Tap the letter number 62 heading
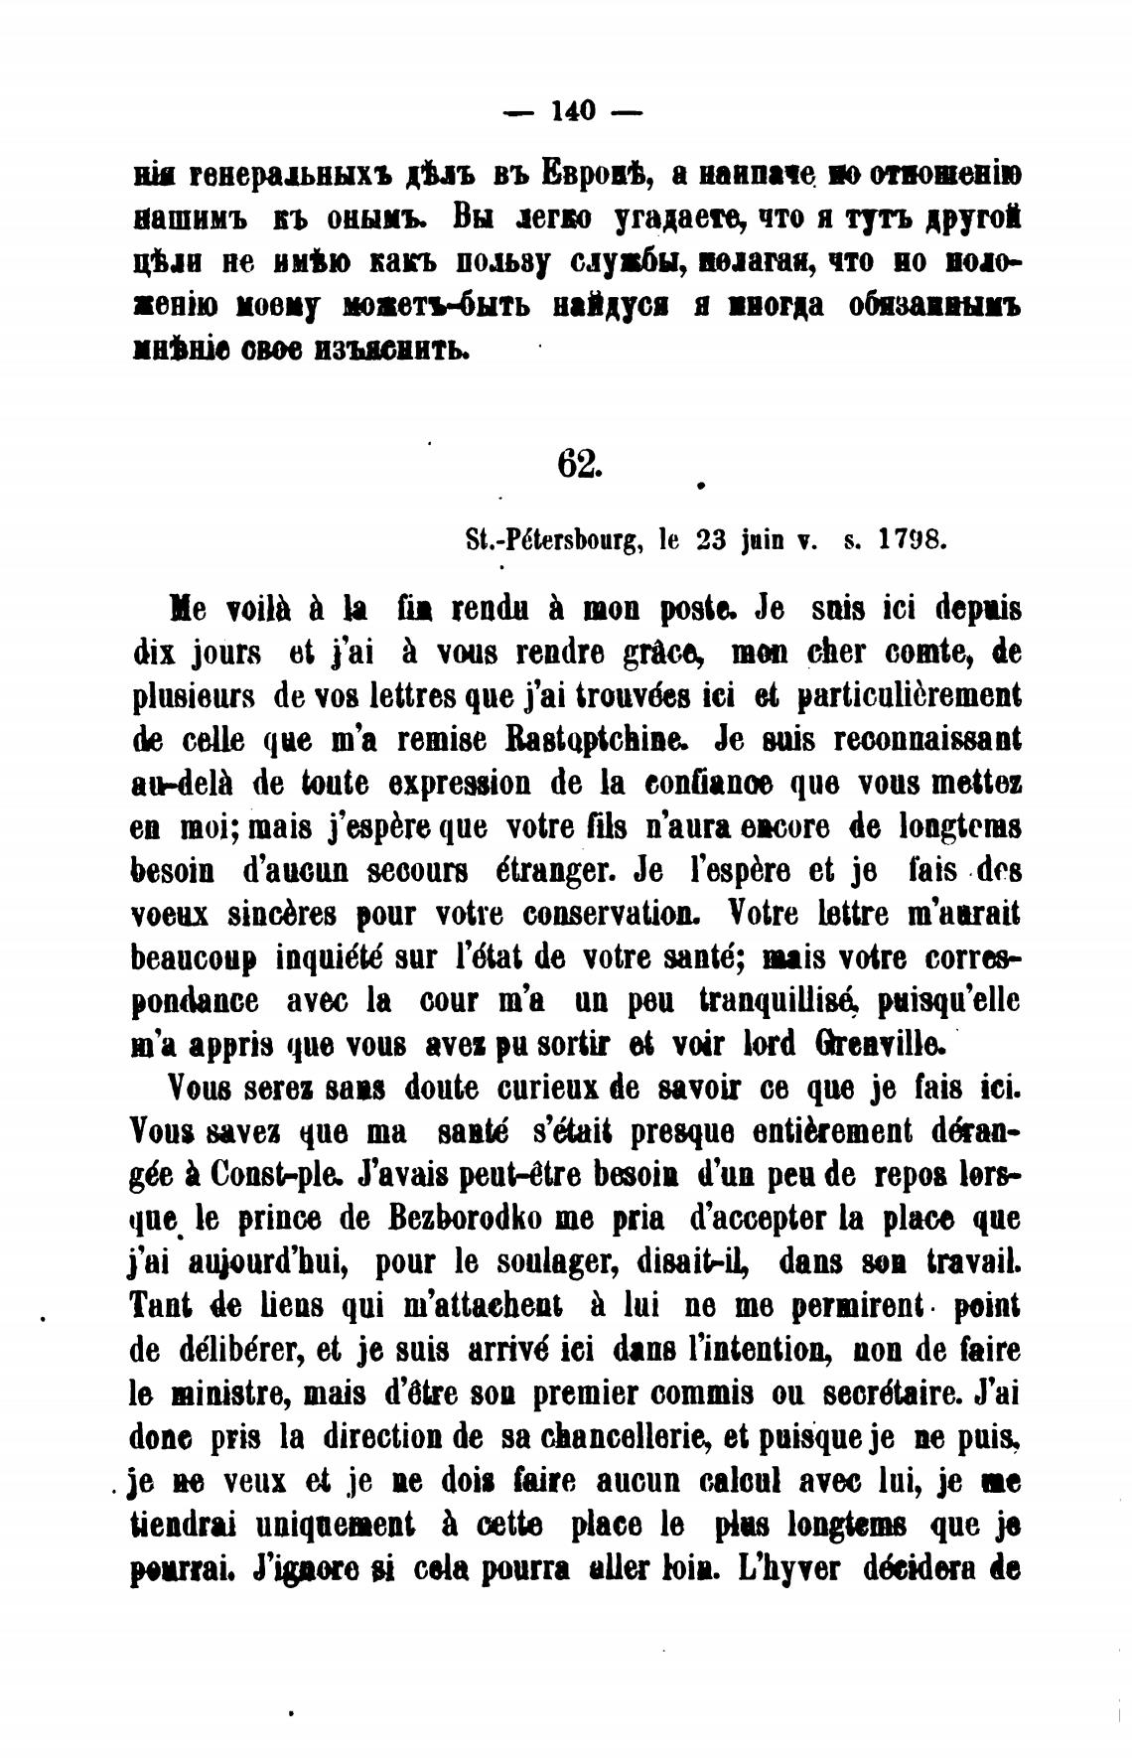pos(578,464)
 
